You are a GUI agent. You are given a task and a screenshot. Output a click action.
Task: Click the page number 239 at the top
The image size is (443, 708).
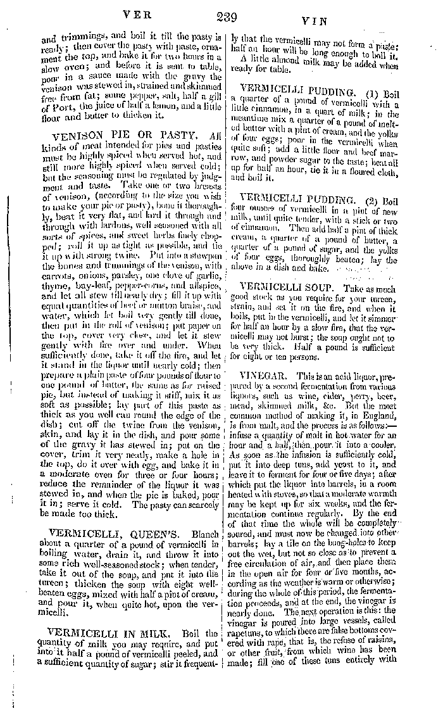pyautogui.click(x=226, y=17)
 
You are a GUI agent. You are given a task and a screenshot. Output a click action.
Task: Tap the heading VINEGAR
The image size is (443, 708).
pyautogui.click(x=261, y=376)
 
